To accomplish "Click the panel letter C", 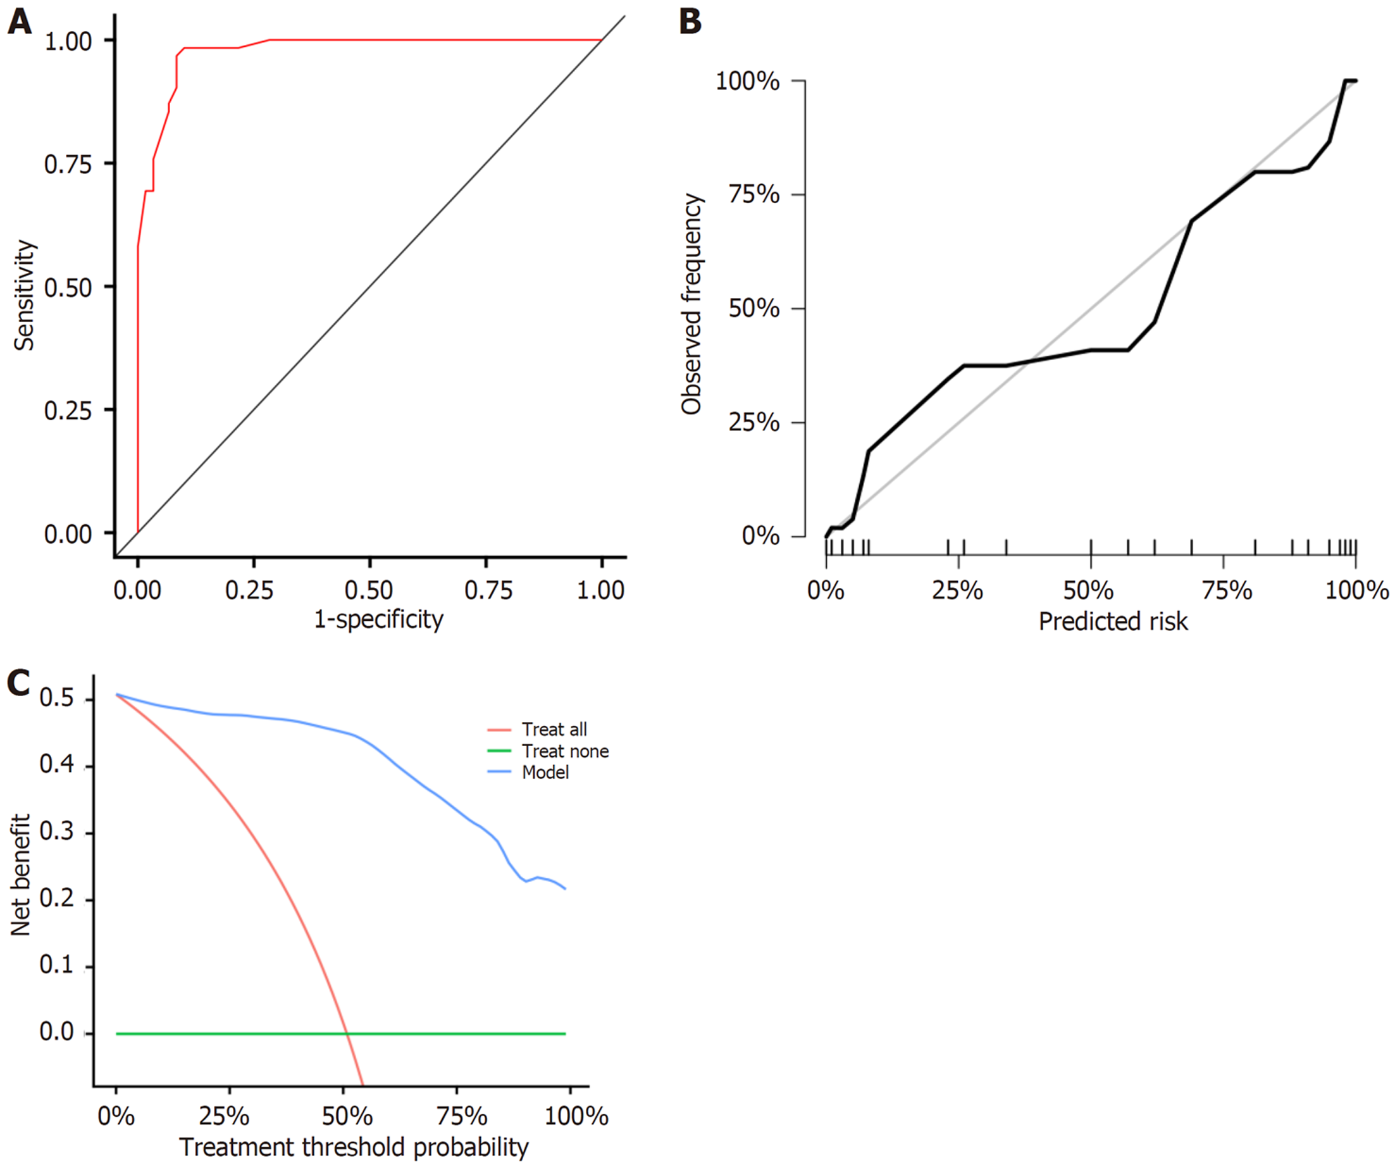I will coord(18,683).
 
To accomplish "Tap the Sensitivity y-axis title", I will coord(25,295).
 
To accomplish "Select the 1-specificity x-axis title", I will coord(378,620).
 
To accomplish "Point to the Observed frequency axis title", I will coord(691,304).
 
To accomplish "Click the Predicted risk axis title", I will coord(1113,621).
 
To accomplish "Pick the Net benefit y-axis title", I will coord(22,875).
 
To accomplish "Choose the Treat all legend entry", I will coord(554,730).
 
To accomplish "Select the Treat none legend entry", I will coord(564,751).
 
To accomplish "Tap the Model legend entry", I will coord(545,772).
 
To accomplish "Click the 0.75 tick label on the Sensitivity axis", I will coord(68,164).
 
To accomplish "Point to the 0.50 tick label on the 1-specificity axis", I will coord(369,590).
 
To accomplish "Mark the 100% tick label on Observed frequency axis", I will coord(747,82).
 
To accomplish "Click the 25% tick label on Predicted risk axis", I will coord(957,590).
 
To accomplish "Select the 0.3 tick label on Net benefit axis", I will coord(56,832).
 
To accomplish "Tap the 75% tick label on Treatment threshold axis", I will coord(462,1116).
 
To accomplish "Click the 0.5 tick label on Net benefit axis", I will coord(56,698).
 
